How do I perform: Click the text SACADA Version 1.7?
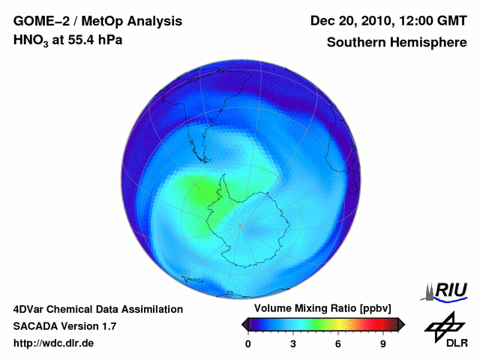click(x=64, y=326)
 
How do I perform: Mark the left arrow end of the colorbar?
click(x=245, y=324)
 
